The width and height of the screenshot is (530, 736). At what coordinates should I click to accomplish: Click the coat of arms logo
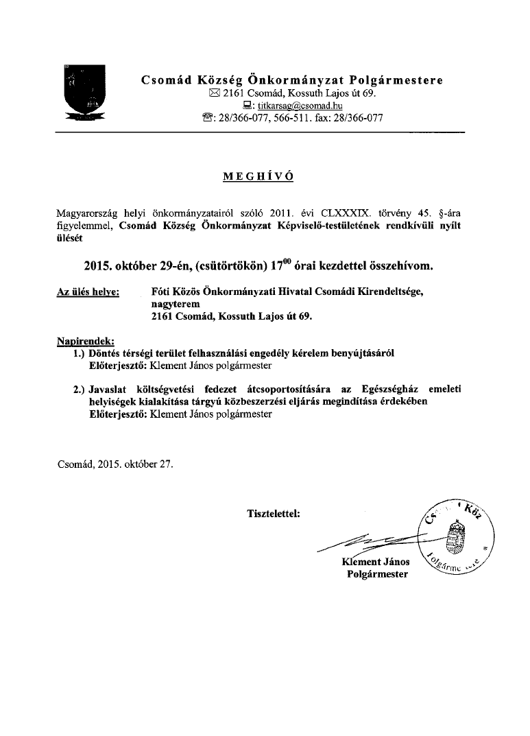point(84,93)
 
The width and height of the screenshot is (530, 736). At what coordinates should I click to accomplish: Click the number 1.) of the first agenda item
point(79,353)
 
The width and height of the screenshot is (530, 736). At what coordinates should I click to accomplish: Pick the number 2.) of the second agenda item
point(79,390)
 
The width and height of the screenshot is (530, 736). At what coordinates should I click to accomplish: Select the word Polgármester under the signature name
point(377,574)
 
